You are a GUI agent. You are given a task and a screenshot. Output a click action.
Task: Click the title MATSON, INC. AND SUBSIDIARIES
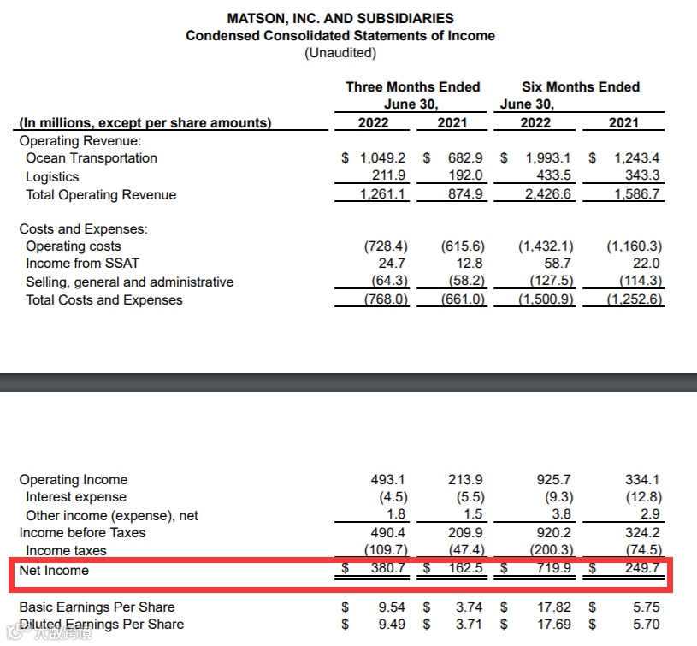click(340, 18)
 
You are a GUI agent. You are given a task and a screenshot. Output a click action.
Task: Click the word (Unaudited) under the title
click(340, 53)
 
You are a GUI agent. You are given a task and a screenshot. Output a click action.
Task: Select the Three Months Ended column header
click(412, 87)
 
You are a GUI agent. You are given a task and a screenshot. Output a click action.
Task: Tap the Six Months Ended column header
click(581, 87)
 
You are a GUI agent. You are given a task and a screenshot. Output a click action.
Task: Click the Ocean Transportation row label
click(92, 158)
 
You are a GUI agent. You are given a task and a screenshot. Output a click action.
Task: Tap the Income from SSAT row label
click(82, 264)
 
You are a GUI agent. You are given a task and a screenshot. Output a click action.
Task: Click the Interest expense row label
click(76, 497)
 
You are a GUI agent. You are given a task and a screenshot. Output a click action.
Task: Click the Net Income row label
click(54, 570)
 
